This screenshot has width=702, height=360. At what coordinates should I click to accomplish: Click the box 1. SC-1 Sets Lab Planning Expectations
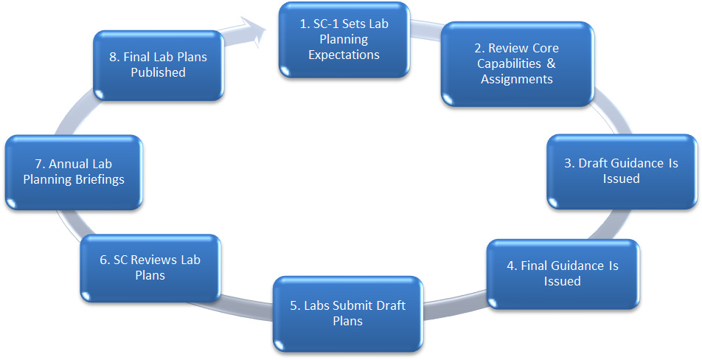pyautogui.click(x=344, y=39)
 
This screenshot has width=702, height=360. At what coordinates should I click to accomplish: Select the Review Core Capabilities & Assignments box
pyautogui.click(x=517, y=63)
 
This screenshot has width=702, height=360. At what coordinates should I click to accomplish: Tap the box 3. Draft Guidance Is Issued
pyautogui.click(x=621, y=170)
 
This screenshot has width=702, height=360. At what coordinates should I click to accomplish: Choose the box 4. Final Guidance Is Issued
pyautogui.click(x=562, y=273)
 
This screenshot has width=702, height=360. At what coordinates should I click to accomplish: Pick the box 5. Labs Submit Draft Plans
pyautogui.click(x=348, y=313)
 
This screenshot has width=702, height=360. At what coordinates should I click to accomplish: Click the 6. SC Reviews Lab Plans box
pyautogui.click(x=150, y=267)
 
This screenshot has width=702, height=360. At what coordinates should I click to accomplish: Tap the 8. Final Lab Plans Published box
pyautogui.click(x=159, y=64)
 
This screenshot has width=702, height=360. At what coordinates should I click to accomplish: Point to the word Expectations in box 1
pyautogui.click(x=344, y=55)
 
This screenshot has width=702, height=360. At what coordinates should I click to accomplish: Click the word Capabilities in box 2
pyautogui.click(x=510, y=63)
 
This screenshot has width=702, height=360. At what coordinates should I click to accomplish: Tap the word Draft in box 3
pyautogui.click(x=597, y=163)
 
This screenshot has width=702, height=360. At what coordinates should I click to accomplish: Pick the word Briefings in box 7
pyautogui.click(x=97, y=179)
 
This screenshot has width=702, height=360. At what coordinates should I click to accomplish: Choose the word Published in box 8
pyautogui.click(x=159, y=72)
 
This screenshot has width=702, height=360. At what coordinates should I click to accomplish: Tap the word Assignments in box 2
pyautogui.click(x=517, y=79)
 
